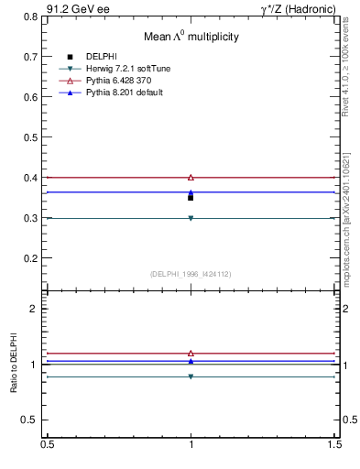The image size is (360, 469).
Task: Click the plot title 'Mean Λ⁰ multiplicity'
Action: [x=191, y=37]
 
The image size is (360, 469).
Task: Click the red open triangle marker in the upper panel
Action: [x=191, y=177]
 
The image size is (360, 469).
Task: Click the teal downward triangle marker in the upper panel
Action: [x=191, y=218]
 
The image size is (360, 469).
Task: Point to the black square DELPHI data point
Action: [x=191, y=197]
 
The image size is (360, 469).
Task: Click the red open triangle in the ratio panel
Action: [x=191, y=353]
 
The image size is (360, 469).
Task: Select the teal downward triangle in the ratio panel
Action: [x=191, y=376]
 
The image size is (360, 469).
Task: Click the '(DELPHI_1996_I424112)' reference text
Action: [x=191, y=274]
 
